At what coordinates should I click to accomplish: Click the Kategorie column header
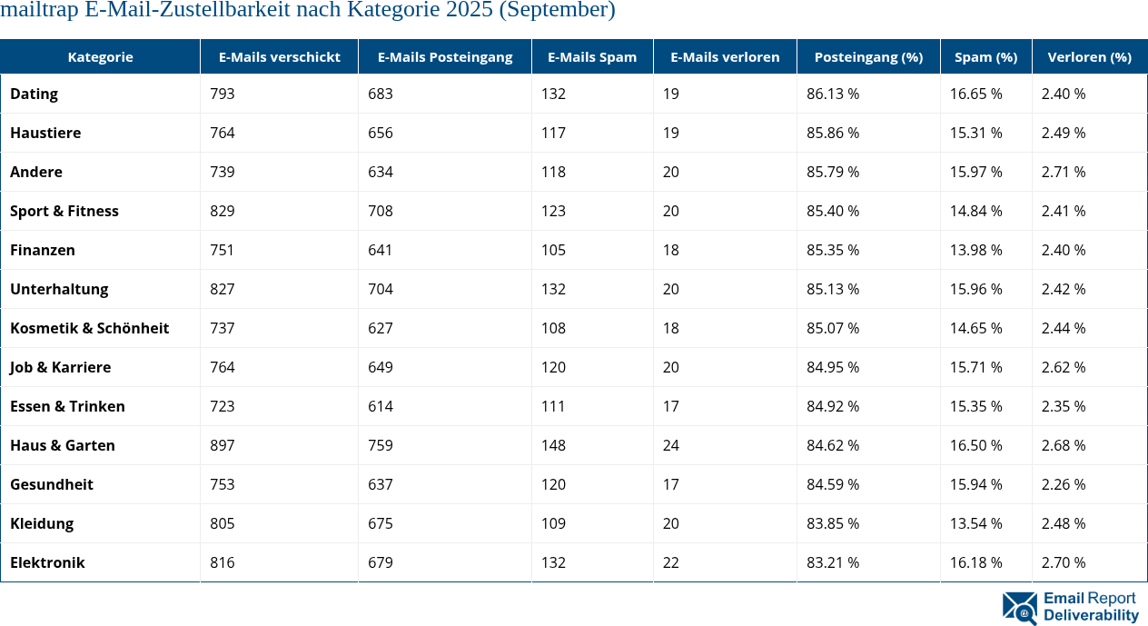pos(100,56)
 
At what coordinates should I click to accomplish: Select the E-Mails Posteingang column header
pos(445,56)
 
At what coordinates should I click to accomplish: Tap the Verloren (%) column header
pos(1089,56)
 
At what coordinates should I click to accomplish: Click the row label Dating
pos(35,94)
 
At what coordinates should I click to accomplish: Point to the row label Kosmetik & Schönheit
pos(90,328)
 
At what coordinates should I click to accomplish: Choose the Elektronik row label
pos(47,562)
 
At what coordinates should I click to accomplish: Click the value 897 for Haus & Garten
pos(223,445)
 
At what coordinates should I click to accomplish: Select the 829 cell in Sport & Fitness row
pos(223,211)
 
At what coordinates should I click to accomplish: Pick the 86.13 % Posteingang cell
pos(833,94)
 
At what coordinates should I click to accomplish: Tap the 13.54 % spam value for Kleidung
pos(976,523)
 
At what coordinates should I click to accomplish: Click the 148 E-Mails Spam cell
pos(553,445)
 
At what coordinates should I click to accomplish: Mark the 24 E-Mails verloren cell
pos(671,445)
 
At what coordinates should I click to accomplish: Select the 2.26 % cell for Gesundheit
pos(1064,484)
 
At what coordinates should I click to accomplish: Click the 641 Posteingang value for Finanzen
pos(381,250)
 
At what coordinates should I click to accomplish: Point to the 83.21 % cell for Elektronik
pos(833,562)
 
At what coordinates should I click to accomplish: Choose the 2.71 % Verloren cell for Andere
pos(1064,172)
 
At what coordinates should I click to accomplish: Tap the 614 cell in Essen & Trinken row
pos(381,406)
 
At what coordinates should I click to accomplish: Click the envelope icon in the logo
pos(1020,608)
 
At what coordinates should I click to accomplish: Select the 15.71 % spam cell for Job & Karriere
pos(976,367)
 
